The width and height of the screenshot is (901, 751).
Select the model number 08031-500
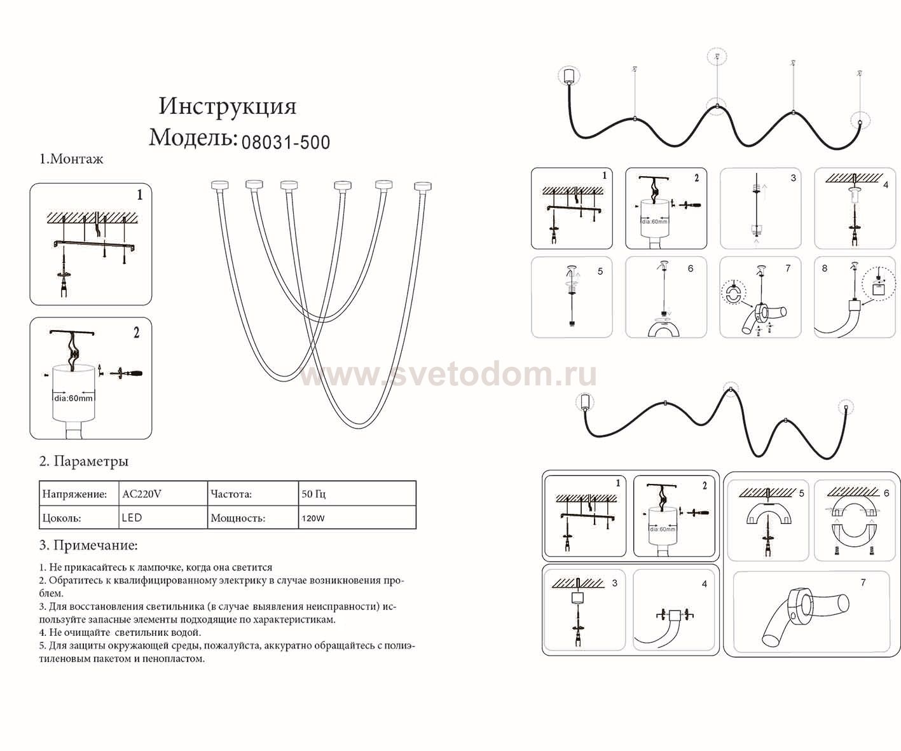point(285,142)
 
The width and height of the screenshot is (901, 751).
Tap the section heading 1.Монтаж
point(71,159)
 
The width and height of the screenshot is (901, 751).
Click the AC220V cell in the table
point(142,493)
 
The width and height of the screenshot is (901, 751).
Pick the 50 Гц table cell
point(313,493)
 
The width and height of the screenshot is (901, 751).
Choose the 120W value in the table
point(313,518)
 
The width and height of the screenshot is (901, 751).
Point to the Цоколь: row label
point(62,518)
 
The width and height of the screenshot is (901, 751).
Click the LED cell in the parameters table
point(132,518)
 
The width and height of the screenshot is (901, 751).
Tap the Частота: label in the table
point(231,493)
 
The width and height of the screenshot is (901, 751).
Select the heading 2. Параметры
point(84,461)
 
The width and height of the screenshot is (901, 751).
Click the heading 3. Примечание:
point(88,545)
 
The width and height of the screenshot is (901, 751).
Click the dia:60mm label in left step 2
point(74,398)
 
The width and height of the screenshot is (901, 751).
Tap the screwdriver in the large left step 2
point(126,373)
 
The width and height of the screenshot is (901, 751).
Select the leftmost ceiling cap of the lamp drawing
point(219,185)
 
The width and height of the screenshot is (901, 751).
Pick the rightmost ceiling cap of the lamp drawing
point(423,186)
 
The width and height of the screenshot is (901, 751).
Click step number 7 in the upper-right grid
point(788,268)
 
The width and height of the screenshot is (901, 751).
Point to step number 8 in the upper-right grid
point(825,268)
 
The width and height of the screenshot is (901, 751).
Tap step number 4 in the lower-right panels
point(705,584)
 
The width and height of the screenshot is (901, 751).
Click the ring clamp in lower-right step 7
point(798,606)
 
